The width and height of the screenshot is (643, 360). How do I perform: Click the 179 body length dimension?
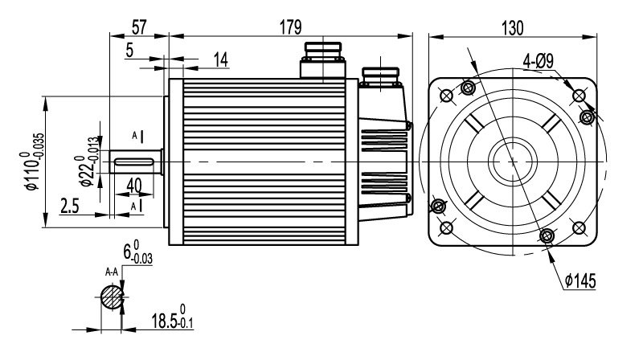(290, 27)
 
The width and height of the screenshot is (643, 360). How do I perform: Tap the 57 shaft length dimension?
(138, 27)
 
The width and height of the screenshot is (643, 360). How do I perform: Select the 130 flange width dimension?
(512, 27)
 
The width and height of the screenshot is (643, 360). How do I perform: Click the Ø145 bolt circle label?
(579, 281)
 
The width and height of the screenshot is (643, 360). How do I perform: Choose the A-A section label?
(113, 273)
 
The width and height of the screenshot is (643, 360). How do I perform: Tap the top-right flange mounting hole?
(578, 95)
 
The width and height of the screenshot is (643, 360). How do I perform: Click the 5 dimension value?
(129, 50)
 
